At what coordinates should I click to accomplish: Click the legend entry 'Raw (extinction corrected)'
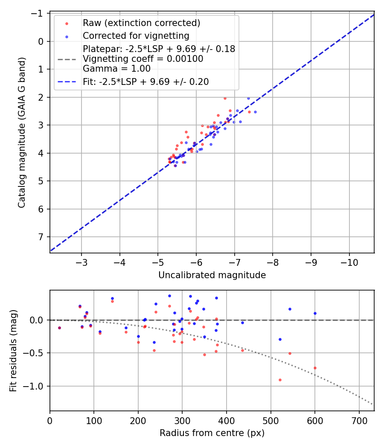[141, 23]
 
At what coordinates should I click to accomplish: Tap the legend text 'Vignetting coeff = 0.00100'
[143, 58]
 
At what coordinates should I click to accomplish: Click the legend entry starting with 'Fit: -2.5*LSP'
[145, 81]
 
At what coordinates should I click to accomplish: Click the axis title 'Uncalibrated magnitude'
[212, 275]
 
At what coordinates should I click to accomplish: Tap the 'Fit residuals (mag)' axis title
[13, 350]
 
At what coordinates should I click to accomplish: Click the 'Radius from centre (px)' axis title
[212, 433]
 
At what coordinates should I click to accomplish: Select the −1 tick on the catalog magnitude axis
[39, 14]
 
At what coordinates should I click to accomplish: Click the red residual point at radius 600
[315, 368]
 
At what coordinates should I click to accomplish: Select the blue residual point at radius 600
[315, 313]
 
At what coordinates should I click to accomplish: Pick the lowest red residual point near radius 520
[280, 380]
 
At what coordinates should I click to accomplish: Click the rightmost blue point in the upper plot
[255, 112]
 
